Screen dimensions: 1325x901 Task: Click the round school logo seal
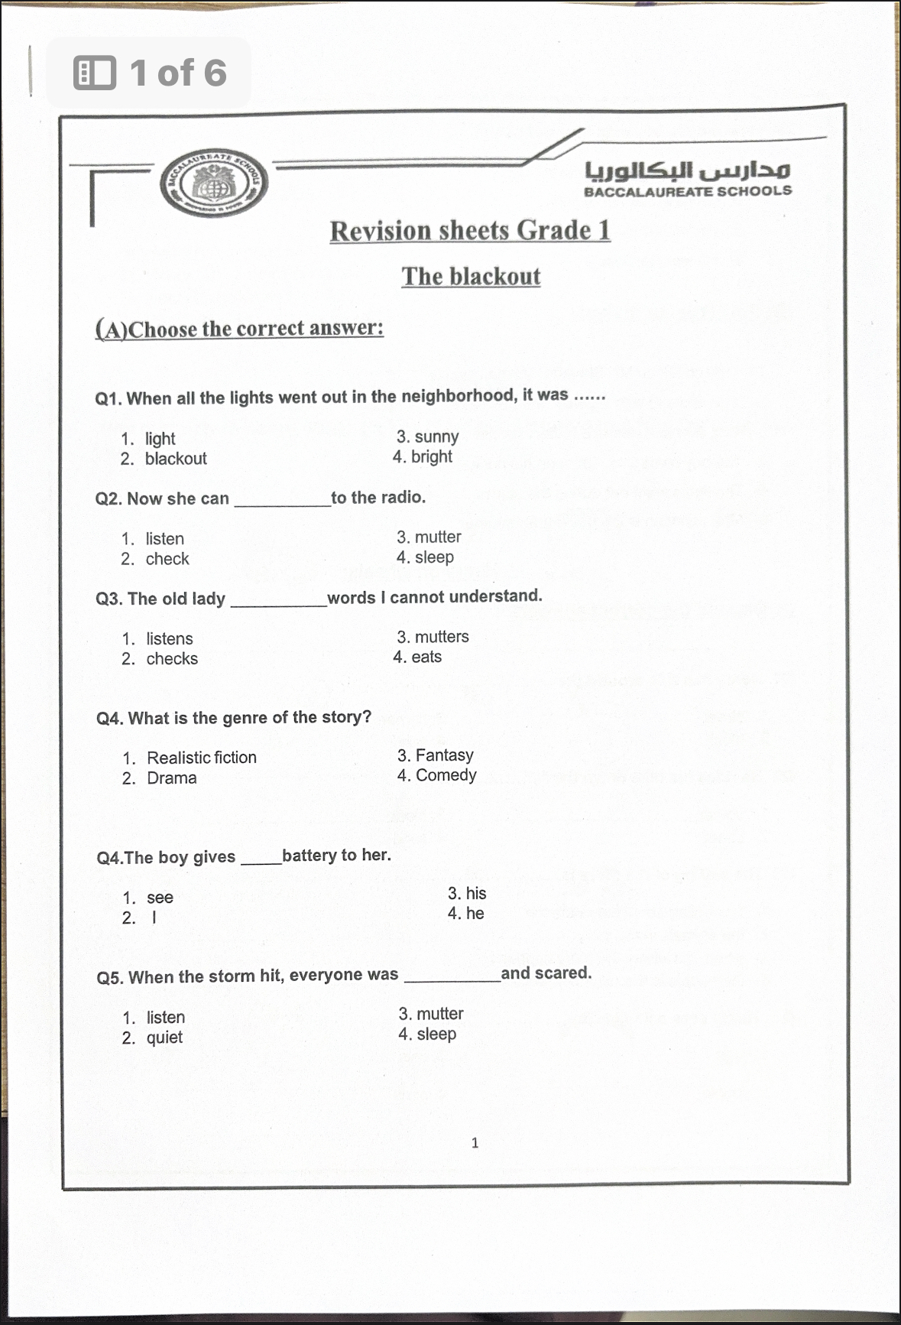click(x=215, y=182)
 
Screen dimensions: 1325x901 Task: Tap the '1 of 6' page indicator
click(x=177, y=73)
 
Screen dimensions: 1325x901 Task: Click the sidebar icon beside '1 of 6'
click(x=95, y=73)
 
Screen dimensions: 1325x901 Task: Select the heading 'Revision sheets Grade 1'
click(x=470, y=230)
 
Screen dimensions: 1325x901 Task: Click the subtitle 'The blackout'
click(x=471, y=276)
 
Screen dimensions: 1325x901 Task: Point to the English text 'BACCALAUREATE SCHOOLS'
click(x=688, y=191)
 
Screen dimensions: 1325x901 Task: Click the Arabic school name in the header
click(x=688, y=169)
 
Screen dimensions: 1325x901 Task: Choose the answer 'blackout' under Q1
click(x=176, y=459)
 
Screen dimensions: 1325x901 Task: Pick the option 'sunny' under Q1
click(x=436, y=437)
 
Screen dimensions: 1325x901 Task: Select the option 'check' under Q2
click(x=167, y=559)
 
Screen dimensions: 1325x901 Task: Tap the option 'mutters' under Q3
click(x=442, y=637)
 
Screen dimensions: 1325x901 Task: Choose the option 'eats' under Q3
click(x=426, y=657)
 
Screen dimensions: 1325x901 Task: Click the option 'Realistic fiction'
click(x=202, y=758)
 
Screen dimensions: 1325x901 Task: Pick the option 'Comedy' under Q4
click(x=446, y=775)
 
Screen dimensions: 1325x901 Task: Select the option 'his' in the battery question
click(x=475, y=893)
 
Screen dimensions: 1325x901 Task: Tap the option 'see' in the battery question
click(x=160, y=898)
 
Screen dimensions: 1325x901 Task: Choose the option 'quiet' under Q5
click(x=164, y=1038)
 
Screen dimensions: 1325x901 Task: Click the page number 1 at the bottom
click(x=475, y=1143)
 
